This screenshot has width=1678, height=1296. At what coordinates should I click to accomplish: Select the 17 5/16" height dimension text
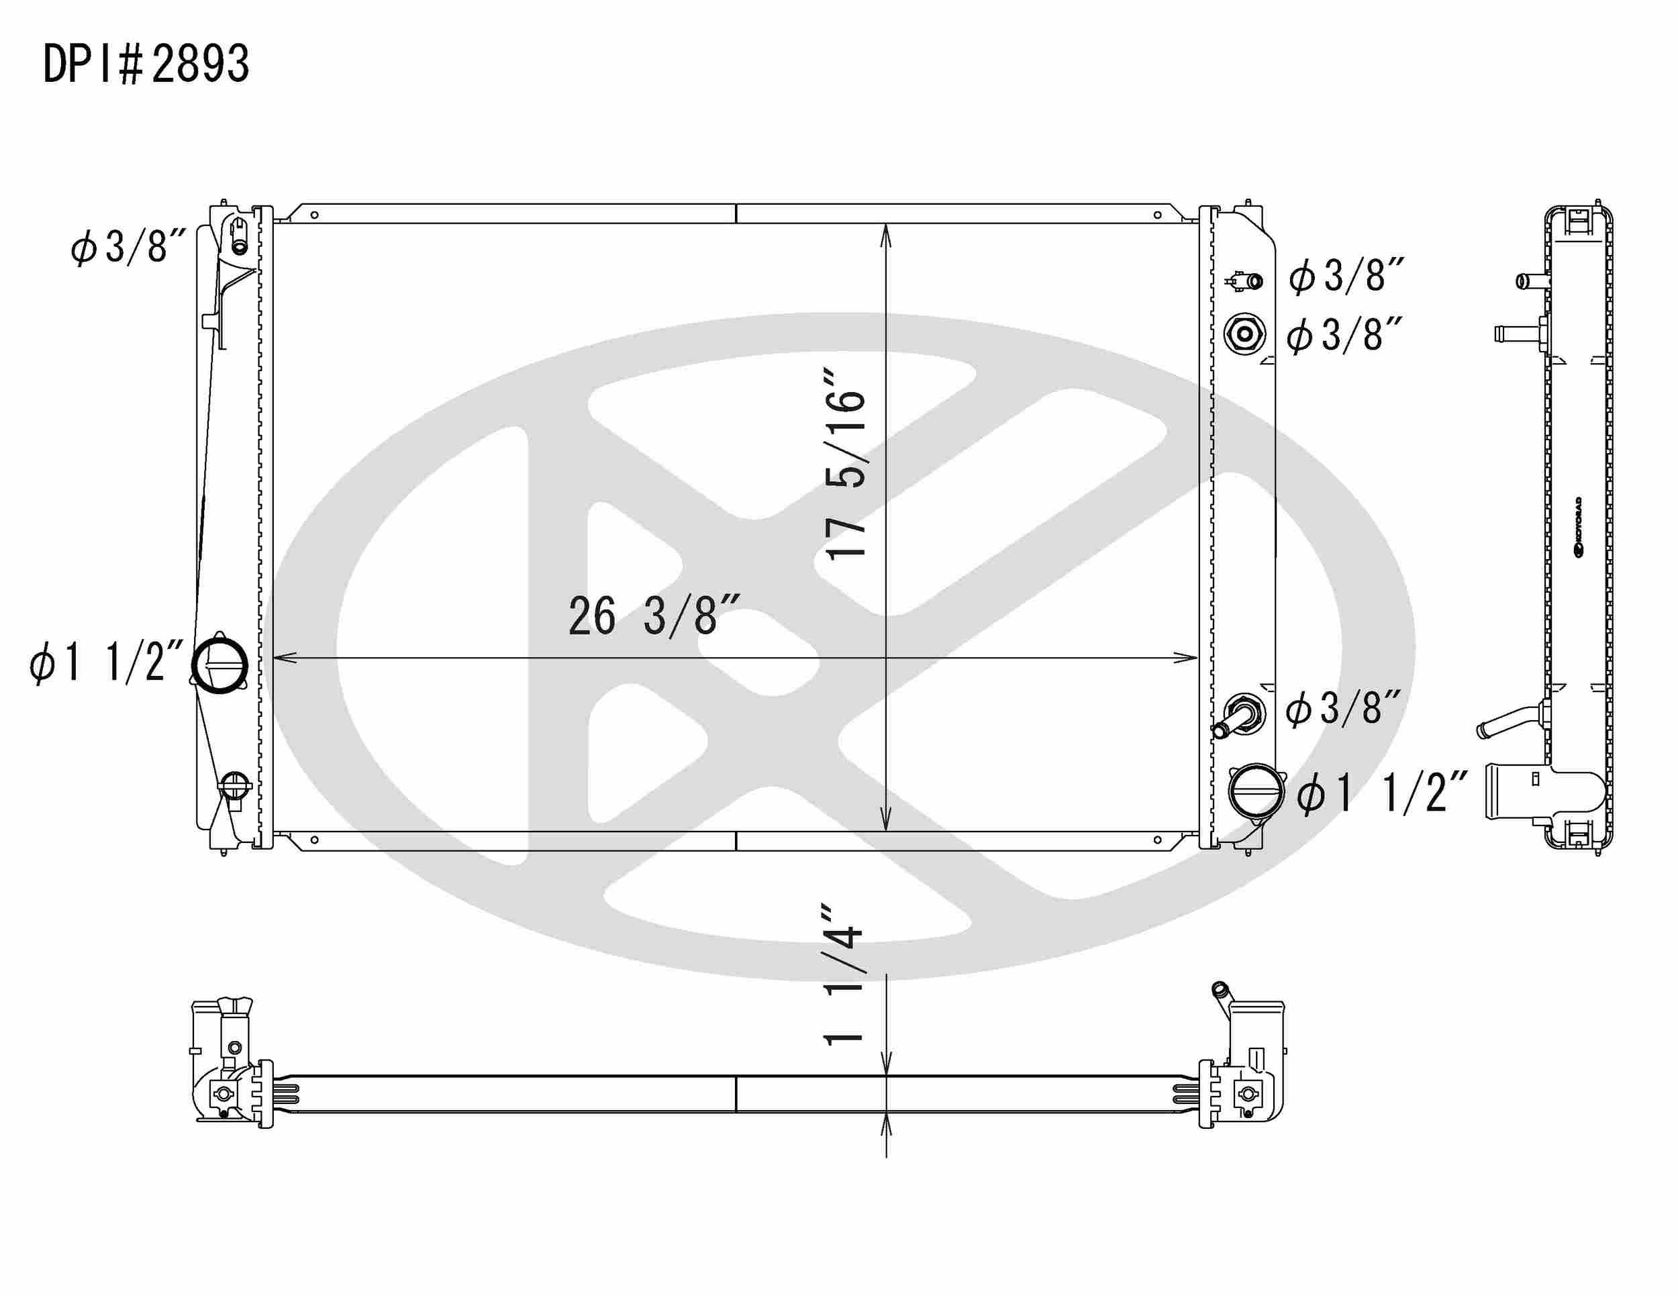tap(846, 474)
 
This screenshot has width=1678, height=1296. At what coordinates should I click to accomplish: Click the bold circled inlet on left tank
tap(219, 665)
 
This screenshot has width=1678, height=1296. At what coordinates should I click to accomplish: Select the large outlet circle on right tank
tap(1256, 791)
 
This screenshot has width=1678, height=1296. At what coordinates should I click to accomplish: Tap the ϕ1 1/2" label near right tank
tap(1383, 793)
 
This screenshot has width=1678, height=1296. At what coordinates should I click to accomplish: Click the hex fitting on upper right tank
tap(1244, 335)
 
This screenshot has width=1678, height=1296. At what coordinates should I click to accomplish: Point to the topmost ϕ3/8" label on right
tap(1347, 276)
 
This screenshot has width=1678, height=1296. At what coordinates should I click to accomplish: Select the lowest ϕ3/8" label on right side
tap(1344, 708)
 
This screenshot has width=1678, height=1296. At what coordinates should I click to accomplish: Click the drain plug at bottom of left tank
tap(235, 786)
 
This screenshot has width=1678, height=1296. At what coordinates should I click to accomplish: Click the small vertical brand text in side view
tap(1576, 527)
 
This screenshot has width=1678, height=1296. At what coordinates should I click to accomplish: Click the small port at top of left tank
tap(239, 245)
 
